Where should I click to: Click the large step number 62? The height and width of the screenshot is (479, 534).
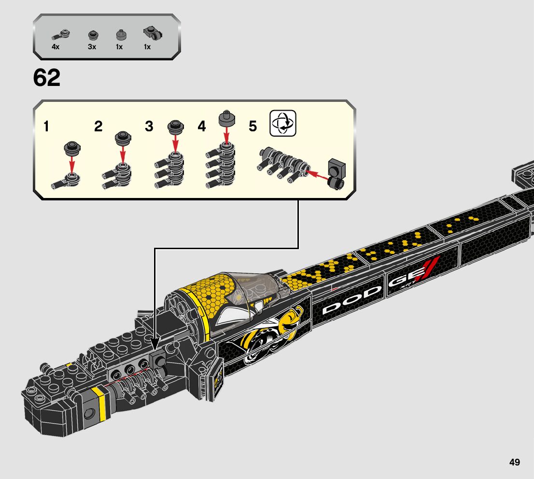(x=47, y=78)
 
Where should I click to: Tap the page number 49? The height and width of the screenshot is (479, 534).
(x=514, y=462)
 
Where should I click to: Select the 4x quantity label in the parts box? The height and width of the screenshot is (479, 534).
(x=56, y=47)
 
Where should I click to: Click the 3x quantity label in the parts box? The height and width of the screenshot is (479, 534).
(x=92, y=47)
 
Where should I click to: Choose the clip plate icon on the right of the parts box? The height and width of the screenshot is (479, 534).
(x=153, y=34)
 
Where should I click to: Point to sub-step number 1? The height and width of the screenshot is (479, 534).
(x=46, y=127)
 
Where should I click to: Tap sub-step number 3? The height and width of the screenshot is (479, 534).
(x=149, y=127)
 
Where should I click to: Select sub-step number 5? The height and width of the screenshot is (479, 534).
(x=253, y=127)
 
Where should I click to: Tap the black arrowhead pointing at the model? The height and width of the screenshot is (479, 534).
(x=155, y=344)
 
